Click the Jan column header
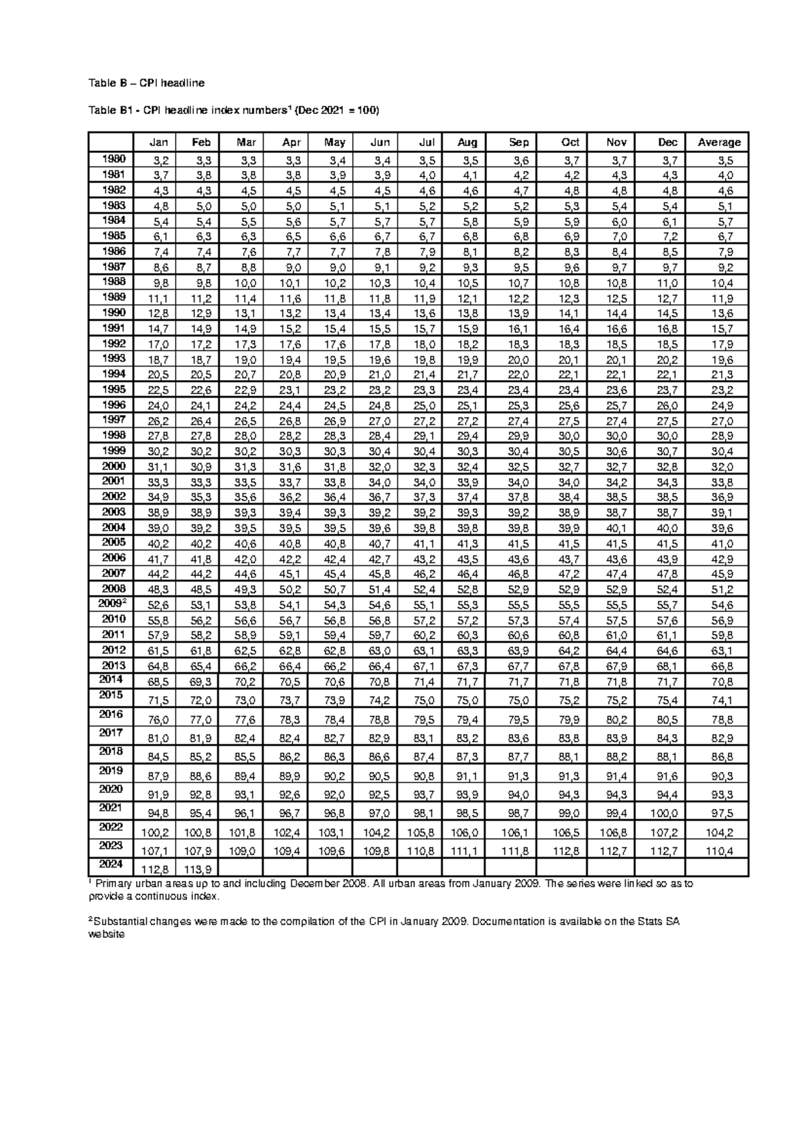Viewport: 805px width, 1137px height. point(158,142)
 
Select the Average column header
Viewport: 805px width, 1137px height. point(719,142)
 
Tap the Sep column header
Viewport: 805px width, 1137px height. point(519,142)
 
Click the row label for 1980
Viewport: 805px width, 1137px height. point(113,159)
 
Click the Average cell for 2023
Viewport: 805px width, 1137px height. point(719,851)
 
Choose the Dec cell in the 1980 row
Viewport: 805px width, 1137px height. point(668,161)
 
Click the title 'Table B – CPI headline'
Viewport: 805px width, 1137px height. point(146,83)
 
